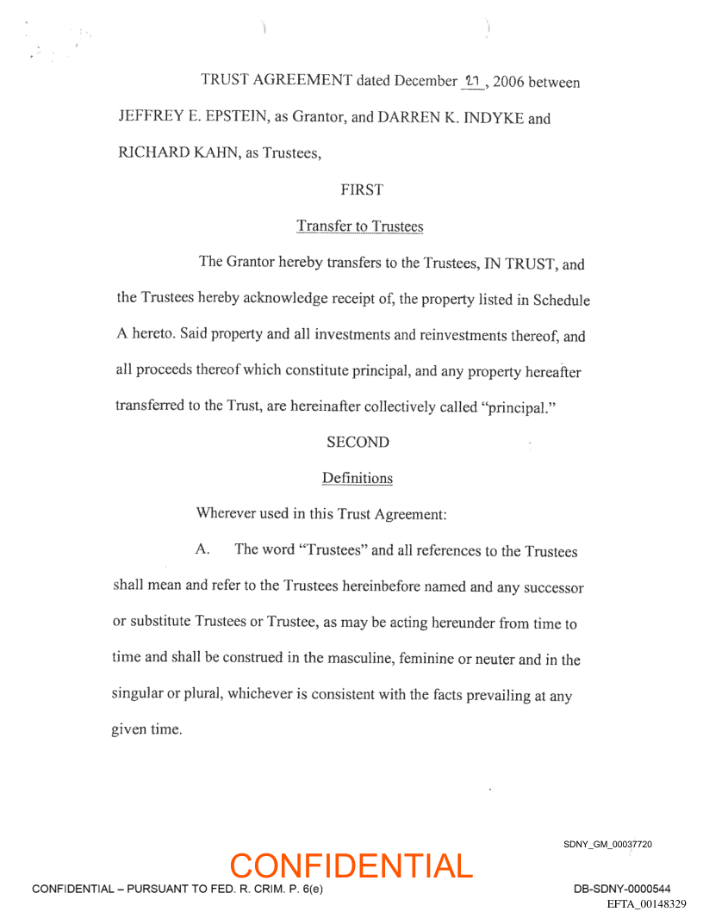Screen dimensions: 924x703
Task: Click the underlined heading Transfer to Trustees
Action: [360, 226]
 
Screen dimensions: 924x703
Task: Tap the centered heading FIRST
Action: [362, 190]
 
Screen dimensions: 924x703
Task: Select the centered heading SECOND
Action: [358, 443]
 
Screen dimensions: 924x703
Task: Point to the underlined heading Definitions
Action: [357, 478]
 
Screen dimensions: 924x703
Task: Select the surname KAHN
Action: [208, 155]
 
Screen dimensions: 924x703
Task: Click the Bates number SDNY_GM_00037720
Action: [607, 845]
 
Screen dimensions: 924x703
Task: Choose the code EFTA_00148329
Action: [646, 904]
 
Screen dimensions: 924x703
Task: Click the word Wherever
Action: [227, 514]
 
